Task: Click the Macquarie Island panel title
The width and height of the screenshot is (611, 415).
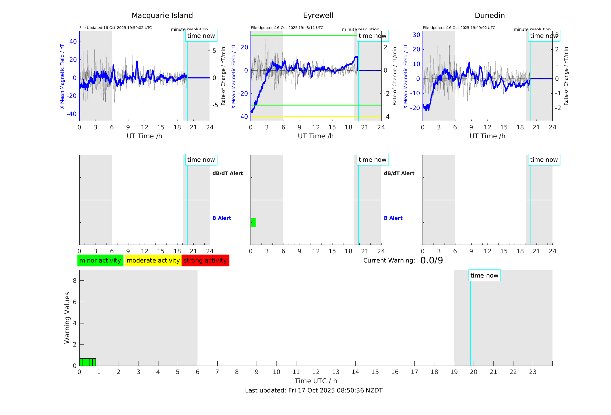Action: click(x=162, y=16)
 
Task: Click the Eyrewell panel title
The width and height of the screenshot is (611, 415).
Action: click(x=318, y=16)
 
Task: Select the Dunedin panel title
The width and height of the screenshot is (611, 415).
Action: click(x=489, y=16)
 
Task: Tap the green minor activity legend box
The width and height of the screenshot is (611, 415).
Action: click(x=100, y=260)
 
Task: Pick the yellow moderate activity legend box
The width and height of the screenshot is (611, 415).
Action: click(x=153, y=260)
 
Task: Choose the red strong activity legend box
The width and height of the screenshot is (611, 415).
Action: click(x=205, y=260)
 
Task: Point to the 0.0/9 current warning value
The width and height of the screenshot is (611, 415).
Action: click(x=431, y=260)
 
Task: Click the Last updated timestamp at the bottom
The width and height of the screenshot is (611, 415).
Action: click(x=314, y=390)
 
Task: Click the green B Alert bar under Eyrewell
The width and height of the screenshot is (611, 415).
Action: click(x=253, y=222)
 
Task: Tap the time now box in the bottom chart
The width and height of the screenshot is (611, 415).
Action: click(x=484, y=276)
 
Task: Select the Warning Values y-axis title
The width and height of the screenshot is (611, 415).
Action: click(x=67, y=318)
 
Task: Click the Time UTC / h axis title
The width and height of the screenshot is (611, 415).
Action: click(x=316, y=381)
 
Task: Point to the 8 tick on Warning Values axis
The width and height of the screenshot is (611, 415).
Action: click(x=74, y=280)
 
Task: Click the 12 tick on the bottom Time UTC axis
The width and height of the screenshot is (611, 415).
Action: click(x=316, y=372)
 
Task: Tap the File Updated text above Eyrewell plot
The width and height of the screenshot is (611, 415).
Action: click(x=287, y=28)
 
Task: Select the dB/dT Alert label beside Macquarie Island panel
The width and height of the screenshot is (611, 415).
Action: click(x=227, y=173)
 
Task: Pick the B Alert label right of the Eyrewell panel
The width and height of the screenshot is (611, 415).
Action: click(x=393, y=218)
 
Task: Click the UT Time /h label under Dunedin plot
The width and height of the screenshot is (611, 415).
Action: click(x=487, y=136)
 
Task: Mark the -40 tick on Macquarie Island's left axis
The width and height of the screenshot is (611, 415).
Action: click(x=72, y=114)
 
